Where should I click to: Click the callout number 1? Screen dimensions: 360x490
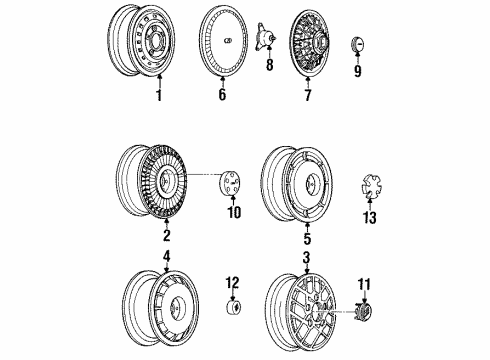[158, 95]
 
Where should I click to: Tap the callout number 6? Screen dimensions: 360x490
[222, 95]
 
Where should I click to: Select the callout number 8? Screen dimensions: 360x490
[267, 68]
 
